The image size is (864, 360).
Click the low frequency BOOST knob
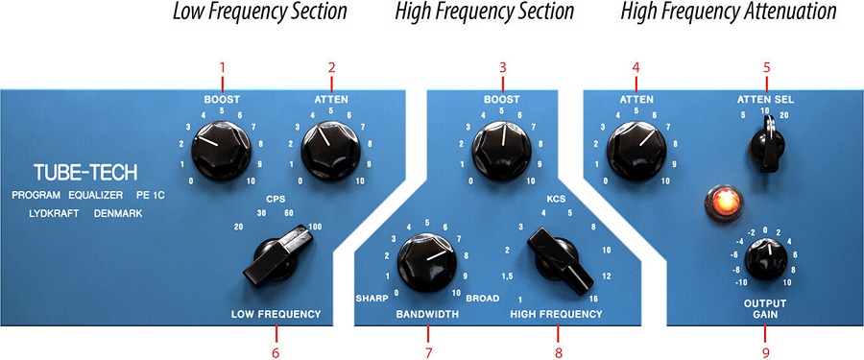[x=221, y=151]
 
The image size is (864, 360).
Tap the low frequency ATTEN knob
[x=330, y=151]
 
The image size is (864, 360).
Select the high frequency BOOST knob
[x=501, y=151]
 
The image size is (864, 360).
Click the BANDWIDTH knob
[x=427, y=262]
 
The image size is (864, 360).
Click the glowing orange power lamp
[x=724, y=202]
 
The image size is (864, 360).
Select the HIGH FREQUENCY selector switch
[x=560, y=259]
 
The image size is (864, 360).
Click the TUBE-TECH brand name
[x=85, y=173]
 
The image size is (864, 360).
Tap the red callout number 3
[x=502, y=67]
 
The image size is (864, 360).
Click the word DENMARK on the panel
[x=118, y=213]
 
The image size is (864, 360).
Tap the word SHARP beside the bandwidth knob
[x=372, y=299]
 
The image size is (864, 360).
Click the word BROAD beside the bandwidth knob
[x=483, y=299]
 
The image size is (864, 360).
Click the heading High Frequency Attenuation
[x=729, y=12]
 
